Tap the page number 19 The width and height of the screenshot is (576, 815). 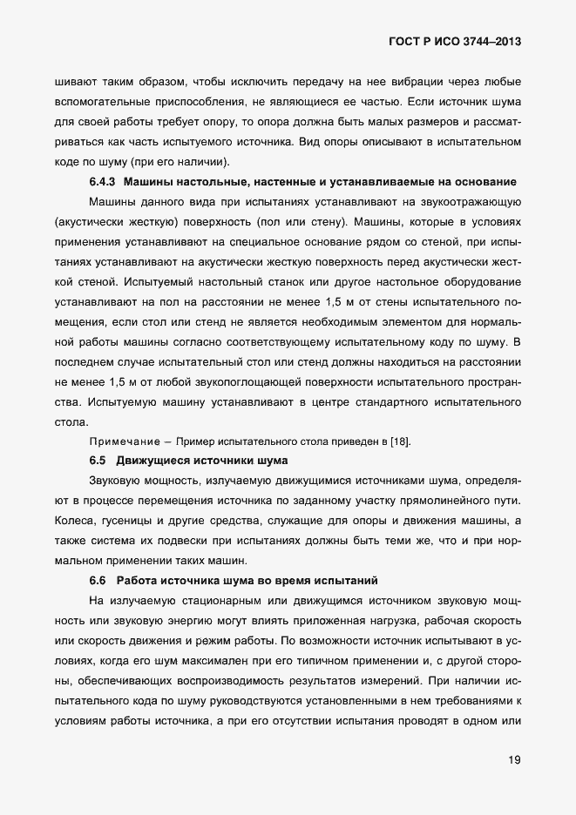[514, 760]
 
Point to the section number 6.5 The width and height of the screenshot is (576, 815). [99, 459]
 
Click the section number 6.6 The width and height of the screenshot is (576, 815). [99, 579]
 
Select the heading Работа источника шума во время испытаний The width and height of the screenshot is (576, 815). [247, 579]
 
